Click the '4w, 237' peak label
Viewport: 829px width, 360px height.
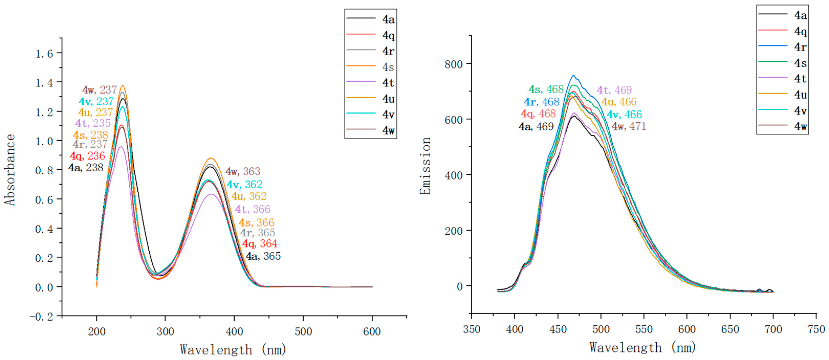click(x=100, y=90)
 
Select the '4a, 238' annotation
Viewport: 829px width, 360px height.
click(x=86, y=168)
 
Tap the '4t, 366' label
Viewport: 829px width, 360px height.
click(x=253, y=209)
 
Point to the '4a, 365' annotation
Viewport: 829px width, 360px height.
click(x=263, y=256)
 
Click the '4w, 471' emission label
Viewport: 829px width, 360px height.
click(x=629, y=126)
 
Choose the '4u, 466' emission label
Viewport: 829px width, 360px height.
click(x=619, y=102)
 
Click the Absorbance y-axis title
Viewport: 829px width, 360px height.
click(x=10, y=170)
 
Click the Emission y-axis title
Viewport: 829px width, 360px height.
click(x=425, y=166)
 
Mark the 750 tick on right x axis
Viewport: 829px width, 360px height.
click(x=816, y=329)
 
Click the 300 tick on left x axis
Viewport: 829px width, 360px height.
click(x=165, y=332)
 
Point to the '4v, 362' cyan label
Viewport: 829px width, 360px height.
click(x=245, y=184)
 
